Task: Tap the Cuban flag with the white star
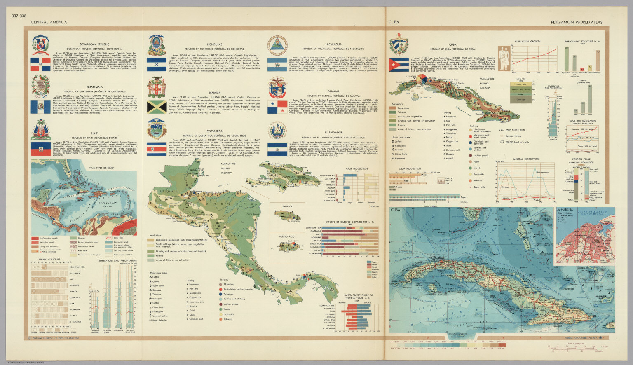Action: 398,65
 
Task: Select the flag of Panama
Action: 277,106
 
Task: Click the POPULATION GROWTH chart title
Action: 527,42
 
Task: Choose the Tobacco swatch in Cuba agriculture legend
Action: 393,112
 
